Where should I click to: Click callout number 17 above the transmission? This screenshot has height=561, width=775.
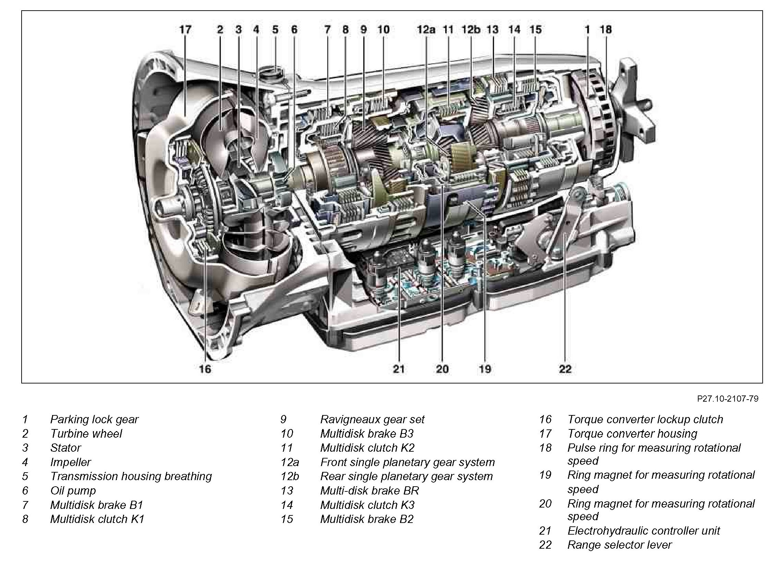coord(185,29)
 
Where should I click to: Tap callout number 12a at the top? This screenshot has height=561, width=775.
coord(426,29)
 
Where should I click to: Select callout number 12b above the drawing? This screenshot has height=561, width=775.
coord(471,29)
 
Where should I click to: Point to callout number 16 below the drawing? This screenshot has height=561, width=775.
coord(205,369)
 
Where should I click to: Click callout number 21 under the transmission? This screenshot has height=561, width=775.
coord(399,369)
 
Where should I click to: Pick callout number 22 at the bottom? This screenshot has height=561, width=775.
coord(565,369)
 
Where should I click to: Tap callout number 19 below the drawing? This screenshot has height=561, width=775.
coord(485,369)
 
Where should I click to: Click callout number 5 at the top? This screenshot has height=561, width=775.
coord(275,29)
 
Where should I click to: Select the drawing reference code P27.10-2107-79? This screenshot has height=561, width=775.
coord(727,399)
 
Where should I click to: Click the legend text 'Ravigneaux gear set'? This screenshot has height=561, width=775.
coord(372,419)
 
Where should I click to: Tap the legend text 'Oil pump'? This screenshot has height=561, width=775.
coord(73,491)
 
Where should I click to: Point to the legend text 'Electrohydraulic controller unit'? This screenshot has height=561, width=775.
coord(644,531)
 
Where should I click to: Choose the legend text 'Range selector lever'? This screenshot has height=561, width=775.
coord(619,545)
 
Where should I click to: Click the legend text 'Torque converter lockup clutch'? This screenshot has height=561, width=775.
coord(645,419)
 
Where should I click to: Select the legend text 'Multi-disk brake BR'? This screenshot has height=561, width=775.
coord(370,491)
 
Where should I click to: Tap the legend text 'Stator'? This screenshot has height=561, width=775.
coord(65,448)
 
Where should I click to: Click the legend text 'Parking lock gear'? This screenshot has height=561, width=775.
coord(94,419)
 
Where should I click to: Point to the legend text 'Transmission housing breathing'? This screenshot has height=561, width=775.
coord(131,476)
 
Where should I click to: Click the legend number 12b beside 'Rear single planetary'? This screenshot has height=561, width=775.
coord(290,476)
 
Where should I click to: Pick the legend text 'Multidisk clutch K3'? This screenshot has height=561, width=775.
coord(367,505)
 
